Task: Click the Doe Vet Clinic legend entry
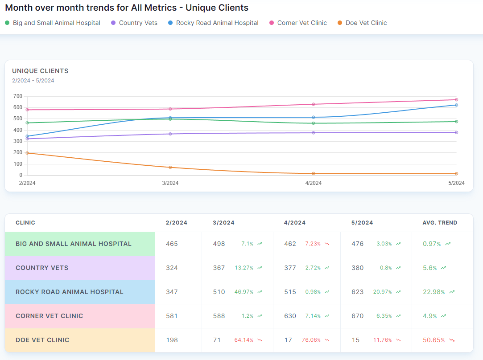[366, 23]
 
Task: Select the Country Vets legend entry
[138, 23]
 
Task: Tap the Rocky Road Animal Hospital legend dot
[171, 23]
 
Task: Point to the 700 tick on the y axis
[18, 96]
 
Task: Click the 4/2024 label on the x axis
[313, 183]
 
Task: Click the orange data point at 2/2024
[27, 153]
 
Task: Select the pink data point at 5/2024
[456, 100]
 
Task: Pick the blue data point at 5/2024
[456, 105]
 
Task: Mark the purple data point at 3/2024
[170, 134]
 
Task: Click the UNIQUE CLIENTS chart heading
[40, 71]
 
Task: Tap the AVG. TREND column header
[440, 223]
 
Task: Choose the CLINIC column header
[25, 223]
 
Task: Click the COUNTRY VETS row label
[42, 268]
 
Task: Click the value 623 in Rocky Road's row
[357, 292]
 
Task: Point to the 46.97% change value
[244, 292]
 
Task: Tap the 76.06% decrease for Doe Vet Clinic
[311, 340]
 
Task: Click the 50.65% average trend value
[433, 340]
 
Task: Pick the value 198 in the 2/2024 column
[172, 340]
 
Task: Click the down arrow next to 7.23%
[327, 244]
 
